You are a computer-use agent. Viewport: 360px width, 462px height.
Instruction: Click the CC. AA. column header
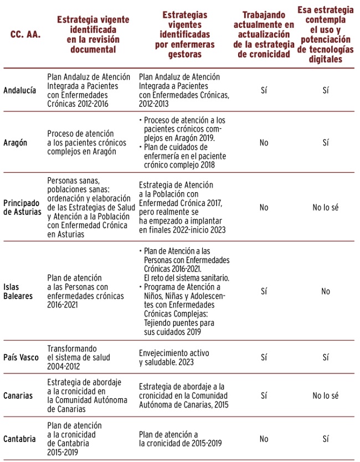(x=25, y=34)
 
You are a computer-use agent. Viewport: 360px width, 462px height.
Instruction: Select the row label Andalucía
(x=20, y=90)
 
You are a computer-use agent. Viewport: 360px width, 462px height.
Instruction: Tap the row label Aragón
(x=17, y=142)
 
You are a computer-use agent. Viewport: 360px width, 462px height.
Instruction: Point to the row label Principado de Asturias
(x=22, y=207)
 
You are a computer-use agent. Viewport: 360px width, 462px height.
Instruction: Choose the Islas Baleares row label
(x=18, y=291)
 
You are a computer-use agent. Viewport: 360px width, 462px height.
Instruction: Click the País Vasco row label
(x=21, y=357)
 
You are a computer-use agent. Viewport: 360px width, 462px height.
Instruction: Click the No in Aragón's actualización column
(x=264, y=142)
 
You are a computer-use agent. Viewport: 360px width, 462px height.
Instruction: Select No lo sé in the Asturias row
(x=325, y=207)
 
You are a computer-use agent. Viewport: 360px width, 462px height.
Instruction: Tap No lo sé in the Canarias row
(x=325, y=396)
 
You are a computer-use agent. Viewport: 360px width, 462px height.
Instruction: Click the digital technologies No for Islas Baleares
(x=325, y=291)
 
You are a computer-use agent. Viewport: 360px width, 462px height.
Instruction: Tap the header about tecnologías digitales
(x=325, y=34)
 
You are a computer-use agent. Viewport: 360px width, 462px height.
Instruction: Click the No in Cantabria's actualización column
(x=264, y=439)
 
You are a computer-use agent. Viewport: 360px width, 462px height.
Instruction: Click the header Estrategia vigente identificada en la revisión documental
(x=93, y=34)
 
